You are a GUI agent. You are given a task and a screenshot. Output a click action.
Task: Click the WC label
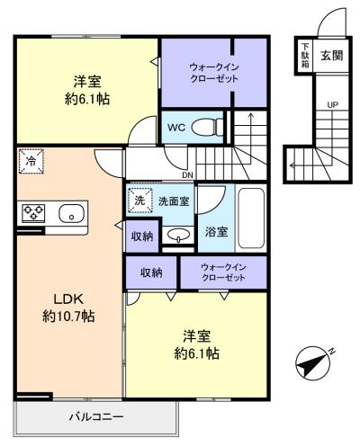click(x=176, y=128)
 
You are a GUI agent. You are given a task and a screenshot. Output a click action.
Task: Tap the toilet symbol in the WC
click(x=207, y=127)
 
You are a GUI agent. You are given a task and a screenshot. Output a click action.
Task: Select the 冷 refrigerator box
click(x=31, y=161)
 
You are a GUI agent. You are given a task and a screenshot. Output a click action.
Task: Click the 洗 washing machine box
click(x=139, y=201)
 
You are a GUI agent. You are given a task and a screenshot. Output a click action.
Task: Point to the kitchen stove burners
click(x=33, y=212)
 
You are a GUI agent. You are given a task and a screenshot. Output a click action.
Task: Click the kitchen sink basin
click(x=71, y=213)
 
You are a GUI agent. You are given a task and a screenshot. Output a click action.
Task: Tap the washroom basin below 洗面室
click(x=179, y=235)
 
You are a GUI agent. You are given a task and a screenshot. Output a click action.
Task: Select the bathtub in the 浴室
click(x=251, y=218)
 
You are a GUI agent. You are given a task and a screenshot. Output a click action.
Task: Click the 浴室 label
click(x=216, y=231)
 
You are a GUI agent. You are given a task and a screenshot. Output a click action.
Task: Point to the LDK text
click(x=67, y=299)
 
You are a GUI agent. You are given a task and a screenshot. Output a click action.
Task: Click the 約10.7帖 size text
click(x=68, y=316)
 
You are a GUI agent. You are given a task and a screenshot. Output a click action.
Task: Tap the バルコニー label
click(x=96, y=417)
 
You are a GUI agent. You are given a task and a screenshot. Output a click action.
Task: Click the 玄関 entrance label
click(x=332, y=55)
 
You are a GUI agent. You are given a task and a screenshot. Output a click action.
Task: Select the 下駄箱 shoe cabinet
click(x=305, y=55)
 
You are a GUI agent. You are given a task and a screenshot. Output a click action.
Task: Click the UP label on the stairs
click(x=332, y=105)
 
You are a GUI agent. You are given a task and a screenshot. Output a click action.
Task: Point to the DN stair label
click(x=188, y=175)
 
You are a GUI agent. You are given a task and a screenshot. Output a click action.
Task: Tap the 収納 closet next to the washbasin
click(x=142, y=236)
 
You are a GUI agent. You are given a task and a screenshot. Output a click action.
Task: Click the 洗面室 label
click(x=174, y=201)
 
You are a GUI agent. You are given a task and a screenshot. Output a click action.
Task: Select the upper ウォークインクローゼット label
click(x=214, y=73)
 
